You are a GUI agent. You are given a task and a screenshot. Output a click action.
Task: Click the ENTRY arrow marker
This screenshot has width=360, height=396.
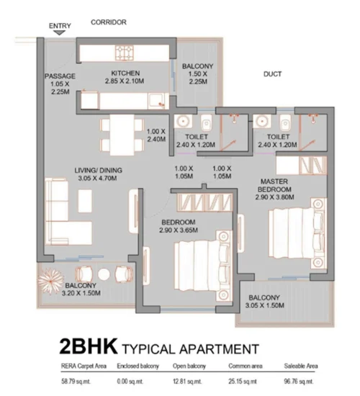pos(60,32)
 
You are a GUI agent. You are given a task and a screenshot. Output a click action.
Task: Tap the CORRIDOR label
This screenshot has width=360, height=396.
pos(109,22)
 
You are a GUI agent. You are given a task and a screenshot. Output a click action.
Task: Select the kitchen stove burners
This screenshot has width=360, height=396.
pos(125,53)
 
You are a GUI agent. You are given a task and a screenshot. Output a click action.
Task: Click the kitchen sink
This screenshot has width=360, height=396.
pos(157,101)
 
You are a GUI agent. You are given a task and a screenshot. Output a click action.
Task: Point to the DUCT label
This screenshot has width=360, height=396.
pos(272,74)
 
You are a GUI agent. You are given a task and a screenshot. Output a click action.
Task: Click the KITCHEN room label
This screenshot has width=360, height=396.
pos(125,73)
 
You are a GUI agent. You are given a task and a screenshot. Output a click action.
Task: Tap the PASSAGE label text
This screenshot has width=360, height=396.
pos(60,76)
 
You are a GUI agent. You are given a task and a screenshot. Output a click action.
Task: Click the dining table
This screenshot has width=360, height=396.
pos(122,135)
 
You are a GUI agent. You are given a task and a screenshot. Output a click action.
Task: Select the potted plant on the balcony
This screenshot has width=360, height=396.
pos(50,281)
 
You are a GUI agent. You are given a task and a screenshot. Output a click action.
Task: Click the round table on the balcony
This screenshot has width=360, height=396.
pos(104,274)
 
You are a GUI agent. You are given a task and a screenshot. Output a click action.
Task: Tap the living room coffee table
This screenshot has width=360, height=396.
pos(85,201)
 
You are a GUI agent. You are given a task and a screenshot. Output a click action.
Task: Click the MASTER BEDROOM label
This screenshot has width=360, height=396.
pos(274,185)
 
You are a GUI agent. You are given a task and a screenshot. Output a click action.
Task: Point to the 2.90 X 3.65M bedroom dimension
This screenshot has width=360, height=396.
pos(179,230)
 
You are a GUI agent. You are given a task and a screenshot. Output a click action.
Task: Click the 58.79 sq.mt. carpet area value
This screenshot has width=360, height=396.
pos(76,382)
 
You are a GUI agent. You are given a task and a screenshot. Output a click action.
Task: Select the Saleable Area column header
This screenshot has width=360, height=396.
pos(301,366)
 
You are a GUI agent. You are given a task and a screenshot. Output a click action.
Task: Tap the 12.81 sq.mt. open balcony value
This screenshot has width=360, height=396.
pos(187,382)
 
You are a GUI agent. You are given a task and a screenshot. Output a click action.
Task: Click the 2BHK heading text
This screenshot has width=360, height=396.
pos(89,346)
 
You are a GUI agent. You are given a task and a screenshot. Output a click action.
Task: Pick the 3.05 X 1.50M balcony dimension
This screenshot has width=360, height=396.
pos(264,305)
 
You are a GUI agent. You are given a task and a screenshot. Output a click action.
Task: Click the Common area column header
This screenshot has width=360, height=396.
pos(246,366)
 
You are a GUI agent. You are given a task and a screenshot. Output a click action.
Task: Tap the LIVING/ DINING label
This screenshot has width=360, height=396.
pos(98,171)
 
